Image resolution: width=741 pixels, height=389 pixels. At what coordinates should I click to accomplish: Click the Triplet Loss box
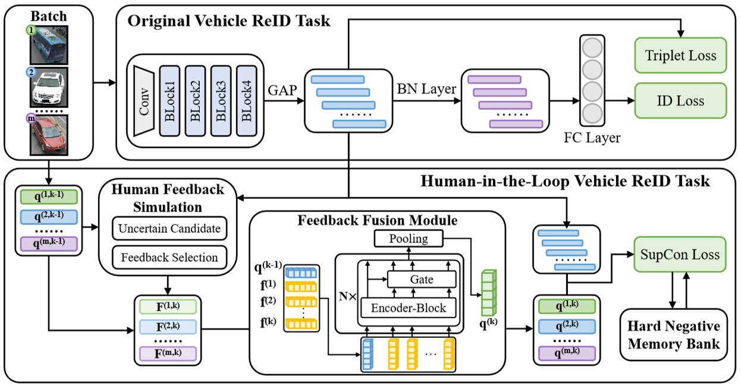[681, 56]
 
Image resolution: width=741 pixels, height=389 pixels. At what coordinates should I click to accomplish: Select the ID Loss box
[681, 100]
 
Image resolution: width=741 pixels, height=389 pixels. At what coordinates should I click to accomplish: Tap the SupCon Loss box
[680, 255]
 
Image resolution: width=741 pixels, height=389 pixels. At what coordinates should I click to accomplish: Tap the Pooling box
[409, 239]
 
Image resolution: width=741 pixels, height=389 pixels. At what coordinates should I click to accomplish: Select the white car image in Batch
[49, 87]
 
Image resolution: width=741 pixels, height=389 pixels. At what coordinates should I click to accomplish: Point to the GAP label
[282, 90]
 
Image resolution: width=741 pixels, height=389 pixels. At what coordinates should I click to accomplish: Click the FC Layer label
[592, 138]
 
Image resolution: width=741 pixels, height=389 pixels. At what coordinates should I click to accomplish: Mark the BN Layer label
[427, 90]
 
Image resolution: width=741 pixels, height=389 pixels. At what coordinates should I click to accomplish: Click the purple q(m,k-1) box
[49, 244]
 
